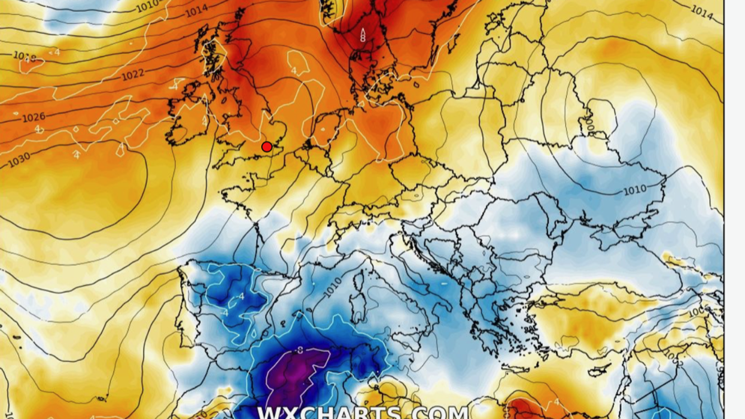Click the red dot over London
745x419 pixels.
[x=267, y=147]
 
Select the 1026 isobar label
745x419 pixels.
[x=34, y=117]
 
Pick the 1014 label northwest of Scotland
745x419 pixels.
[x=196, y=11]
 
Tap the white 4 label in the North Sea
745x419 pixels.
[x=294, y=71]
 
